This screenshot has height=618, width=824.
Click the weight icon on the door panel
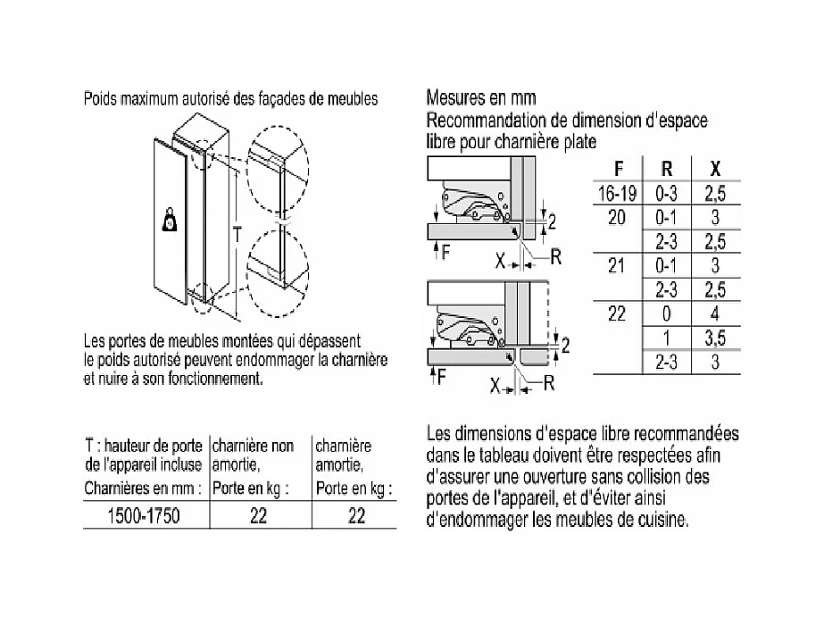click(x=170, y=221)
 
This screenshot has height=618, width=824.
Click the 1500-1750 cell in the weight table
click(x=146, y=516)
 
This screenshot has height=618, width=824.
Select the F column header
click(x=619, y=168)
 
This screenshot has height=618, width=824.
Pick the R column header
click(x=666, y=168)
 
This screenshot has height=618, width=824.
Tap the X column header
click(x=715, y=168)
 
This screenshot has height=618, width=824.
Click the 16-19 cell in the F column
click(x=618, y=193)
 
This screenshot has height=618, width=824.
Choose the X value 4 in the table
click(x=715, y=313)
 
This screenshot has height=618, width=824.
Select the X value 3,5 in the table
click(x=715, y=338)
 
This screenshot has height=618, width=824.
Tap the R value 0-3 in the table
click(x=666, y=193)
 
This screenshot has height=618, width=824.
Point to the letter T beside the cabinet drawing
click(x=235, y=234)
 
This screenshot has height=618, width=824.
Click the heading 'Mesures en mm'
click(x=481, y=97)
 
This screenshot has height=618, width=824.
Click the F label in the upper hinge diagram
click(x=445, y=253)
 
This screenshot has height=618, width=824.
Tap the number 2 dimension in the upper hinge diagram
click(x=553, y=221)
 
